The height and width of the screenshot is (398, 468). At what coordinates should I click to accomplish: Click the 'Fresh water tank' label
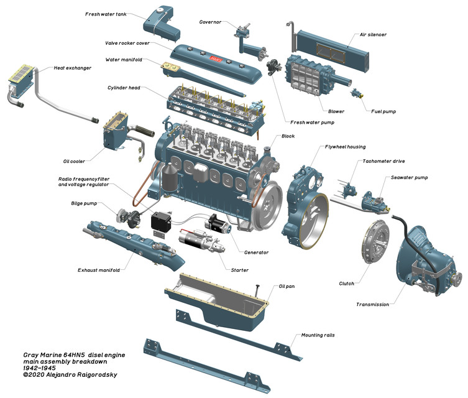(106, 14)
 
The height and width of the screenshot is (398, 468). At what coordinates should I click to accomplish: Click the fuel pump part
(357, 95)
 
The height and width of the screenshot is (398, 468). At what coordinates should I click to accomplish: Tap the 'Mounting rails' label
(318, 335)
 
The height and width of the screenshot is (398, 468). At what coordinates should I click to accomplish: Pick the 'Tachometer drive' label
(383, 161)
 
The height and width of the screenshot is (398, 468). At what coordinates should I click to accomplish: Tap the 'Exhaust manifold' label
(99, 270)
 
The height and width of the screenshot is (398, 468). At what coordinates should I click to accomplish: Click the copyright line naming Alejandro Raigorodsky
(69, 375)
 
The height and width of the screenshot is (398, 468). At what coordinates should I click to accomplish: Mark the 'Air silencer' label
(373, 35)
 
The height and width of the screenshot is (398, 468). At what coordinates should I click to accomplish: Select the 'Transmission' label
(372, 304)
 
